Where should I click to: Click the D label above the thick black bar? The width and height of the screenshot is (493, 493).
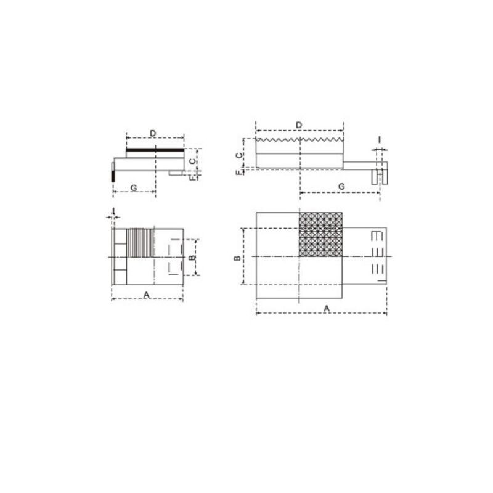(x=153, y=133)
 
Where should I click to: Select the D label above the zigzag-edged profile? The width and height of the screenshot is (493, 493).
(x=299, y=125)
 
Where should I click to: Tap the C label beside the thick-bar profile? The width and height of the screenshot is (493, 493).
(x=192, y=161)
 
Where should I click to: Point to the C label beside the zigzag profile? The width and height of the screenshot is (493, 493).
(x=239, y=155)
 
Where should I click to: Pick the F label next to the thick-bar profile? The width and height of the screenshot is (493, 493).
(x=192, y=178)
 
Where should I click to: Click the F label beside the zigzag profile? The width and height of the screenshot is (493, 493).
(x=240, y=173)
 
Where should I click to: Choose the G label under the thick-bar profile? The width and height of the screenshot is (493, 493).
(x=134, y=188)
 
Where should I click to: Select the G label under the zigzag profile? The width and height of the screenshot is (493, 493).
(x=341, y=187)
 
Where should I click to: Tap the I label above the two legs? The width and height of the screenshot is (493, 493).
(x=380, y=140)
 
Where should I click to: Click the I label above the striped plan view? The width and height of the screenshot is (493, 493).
(x=113, y=210)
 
